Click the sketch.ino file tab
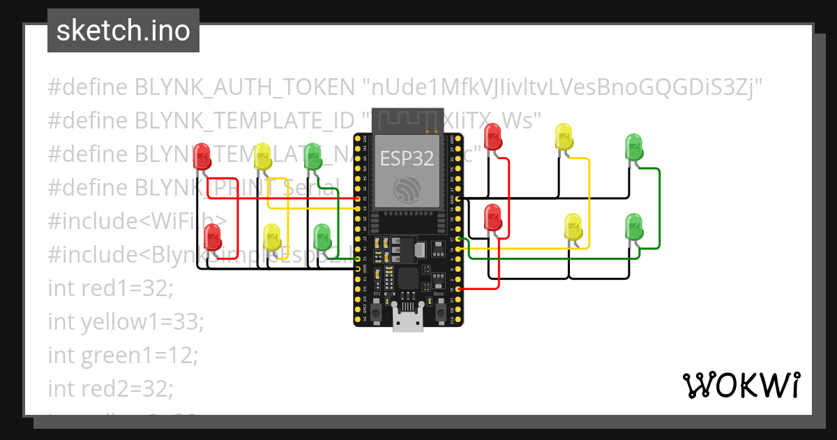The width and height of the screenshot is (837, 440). click(x=123, y=31)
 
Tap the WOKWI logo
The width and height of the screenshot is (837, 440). click(x=740, y=385)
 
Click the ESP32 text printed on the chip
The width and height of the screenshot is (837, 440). click(x=407, y=159)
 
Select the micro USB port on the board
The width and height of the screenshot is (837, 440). click(x=407, y=321)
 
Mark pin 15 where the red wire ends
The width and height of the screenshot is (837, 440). click(x=457, y=288)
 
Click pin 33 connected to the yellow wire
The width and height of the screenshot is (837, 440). click(x=358, y=208)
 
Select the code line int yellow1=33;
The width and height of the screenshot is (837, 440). click(x=126, y=321)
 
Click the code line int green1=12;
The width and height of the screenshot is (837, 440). click(x=123, y=355)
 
